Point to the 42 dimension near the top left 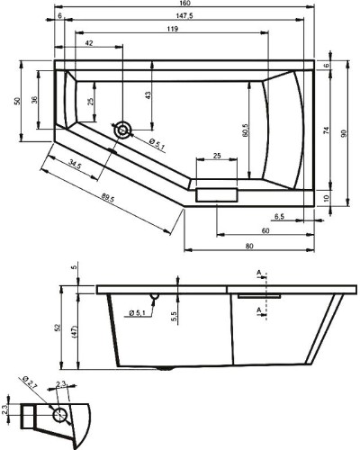[89, 43]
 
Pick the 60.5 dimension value [245, 130]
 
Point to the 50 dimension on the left [16, 102]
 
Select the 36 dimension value [34, 100]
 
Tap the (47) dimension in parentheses [76, 332]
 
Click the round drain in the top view [122, 130]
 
